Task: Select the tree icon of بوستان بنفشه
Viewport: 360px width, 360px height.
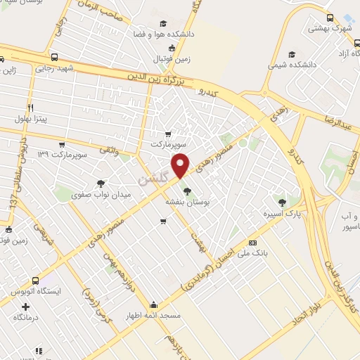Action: click(186, 190)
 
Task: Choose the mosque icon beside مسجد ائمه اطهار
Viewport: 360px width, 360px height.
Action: click(154, 305)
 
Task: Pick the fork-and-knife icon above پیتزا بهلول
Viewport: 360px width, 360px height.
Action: click(30, 107)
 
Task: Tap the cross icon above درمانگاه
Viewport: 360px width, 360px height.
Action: click(26, 307)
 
